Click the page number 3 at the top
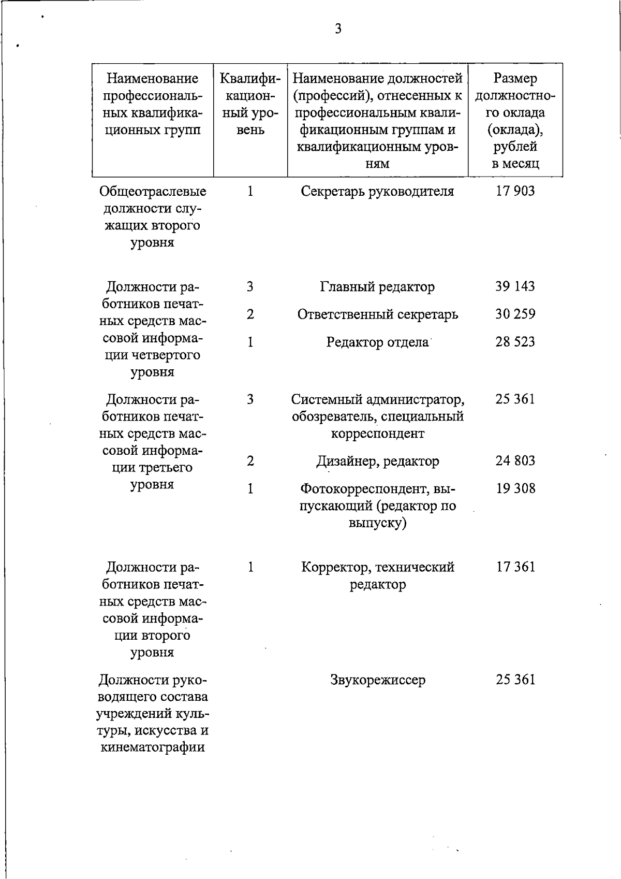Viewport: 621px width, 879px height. pos(338,29)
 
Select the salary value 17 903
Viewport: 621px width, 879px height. pos(515,191)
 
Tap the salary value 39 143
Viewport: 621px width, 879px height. pos(515,286)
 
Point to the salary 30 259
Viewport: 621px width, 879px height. pos(515,314)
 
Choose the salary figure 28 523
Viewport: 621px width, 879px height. pos(515,342)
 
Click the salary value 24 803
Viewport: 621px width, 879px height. pos(515,460)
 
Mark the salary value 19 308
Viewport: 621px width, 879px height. pos(515,488)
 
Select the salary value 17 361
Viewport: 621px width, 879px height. pos(515,567)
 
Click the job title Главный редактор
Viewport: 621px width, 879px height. pos(377,286)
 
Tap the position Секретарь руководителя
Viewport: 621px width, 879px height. pos(377,191)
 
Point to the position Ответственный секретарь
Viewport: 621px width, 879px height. pos(377,314)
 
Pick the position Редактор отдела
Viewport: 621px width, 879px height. pos(377,342)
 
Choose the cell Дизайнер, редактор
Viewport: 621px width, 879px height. pos(377,460)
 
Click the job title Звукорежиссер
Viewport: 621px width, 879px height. pos(377,680)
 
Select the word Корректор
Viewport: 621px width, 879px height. pos(334,567)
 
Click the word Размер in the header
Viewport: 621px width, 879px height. pos(515,78)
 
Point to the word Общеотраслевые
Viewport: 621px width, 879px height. pos(152,191)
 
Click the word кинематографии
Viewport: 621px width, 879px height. pos(152,747)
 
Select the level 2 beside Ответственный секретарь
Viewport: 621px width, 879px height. pos(250,314)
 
